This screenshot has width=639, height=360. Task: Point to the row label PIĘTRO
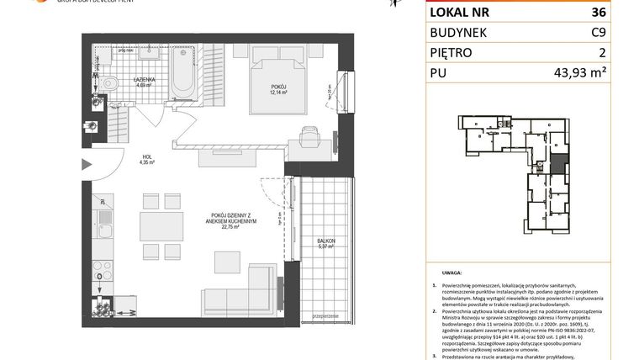[x=452, y=53]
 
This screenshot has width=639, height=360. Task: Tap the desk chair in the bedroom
[x=308, y=132]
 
